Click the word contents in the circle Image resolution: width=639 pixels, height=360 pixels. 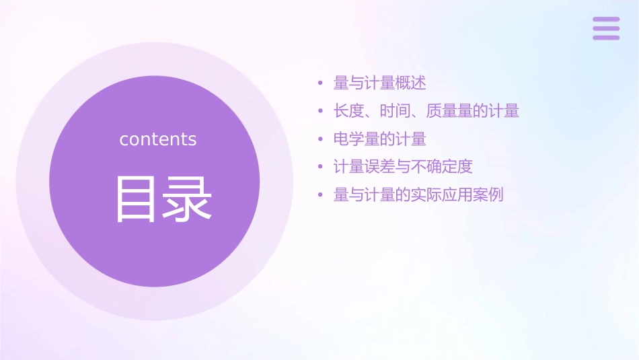158,139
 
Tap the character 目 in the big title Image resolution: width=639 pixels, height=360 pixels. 137,199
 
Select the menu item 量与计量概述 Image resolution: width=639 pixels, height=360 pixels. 380,83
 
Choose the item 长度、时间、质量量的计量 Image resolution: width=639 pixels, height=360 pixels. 426,111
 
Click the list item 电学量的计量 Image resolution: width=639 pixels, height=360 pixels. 380,139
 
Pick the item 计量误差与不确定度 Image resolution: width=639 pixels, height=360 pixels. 403,167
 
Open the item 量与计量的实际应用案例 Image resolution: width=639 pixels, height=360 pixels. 418,195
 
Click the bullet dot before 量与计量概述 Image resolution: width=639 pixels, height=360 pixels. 321,83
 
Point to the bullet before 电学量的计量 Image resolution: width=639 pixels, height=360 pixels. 321,140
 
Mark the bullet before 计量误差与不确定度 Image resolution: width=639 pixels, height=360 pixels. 321,168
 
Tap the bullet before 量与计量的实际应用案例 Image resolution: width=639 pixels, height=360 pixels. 321,196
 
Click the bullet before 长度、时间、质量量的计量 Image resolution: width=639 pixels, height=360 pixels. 321,112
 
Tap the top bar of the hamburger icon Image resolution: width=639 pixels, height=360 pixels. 606,20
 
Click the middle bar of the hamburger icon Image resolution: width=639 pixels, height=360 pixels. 606,28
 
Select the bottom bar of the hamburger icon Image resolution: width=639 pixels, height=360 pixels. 606,37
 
